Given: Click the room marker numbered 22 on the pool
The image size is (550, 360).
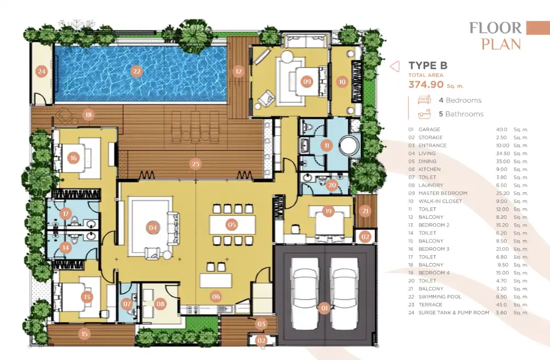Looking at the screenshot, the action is pyautogui.click(x=136, y=72).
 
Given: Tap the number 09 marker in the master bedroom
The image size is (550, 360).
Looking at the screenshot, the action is pyautogui.click(x=307, y=82).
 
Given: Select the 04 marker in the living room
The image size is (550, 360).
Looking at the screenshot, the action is pyautogui.click(x=152, y=228).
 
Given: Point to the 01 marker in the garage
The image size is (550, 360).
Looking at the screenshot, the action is pyautogui.click(x=324, y=308).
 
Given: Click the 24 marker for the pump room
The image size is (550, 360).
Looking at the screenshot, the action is pyautogui.click(x=42, y=72).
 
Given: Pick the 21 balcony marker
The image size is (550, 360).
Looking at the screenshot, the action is pyautogui.click(x=366, y=211).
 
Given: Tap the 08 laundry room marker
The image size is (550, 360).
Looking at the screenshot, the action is pyautogui.click(x=161, y=304).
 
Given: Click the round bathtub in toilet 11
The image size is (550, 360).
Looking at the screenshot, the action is pyautogui.click(x=349, y=145).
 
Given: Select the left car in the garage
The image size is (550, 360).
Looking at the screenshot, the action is pyautogui.click(x=305, y=293).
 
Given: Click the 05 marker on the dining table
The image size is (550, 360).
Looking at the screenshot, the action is pyautogui.click(x=232, y=225).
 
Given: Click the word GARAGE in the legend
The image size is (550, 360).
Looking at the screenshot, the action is pyautogui.click(x=429, y=129).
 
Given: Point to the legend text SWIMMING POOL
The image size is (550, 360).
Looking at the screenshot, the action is pyautogui.click(x=440, y=297).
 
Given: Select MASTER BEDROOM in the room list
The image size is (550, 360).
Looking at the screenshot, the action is pyautogui.click(x=443, y=193).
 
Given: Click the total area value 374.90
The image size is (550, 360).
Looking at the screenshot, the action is pyautogui.click(x=426, y=85).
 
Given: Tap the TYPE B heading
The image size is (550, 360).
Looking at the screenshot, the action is pyautogui.click(x=428, y=65).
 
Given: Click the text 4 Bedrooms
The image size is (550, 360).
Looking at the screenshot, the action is pyautogui.click(x=460, y=100).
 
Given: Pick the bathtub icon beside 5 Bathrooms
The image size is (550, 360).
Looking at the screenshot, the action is pyautogui.click(x=425, y=114).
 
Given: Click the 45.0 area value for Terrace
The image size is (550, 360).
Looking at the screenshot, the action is pyautogui.click(x=502, y=304).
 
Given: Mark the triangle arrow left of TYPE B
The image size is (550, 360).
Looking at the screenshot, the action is pyautogui.click(x=395, y=67).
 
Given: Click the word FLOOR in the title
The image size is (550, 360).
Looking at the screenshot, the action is pyautogui.click(x=496, y=28).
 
